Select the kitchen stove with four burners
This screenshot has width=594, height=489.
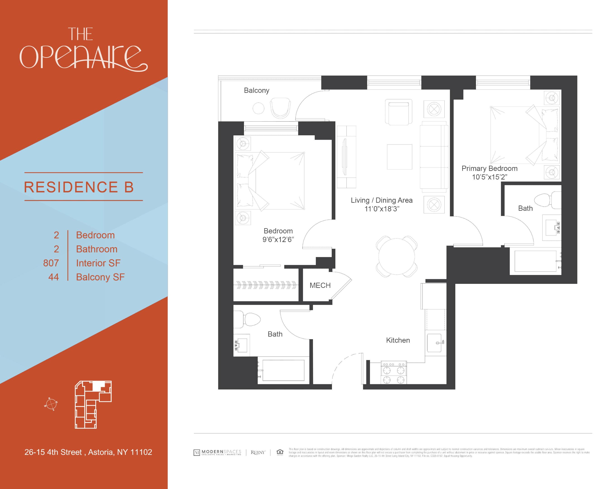point(394,372)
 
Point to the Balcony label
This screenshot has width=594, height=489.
point(256,90)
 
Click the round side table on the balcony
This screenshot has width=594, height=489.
point(258,108)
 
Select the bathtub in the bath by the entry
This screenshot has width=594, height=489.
point(283,370)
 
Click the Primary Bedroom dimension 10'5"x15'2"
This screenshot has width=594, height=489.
point(489,177)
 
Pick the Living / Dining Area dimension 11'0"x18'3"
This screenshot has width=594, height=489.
point(382,209)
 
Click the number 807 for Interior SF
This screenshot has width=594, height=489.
point(51,263)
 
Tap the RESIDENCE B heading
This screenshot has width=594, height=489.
point(79,187)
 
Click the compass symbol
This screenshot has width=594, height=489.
point(51,404)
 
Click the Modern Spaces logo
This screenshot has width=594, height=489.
point(217,452)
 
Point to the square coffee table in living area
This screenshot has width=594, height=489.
point(399,157)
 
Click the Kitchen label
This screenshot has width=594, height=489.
point(398,340)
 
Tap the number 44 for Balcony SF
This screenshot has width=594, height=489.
point(53,277)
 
